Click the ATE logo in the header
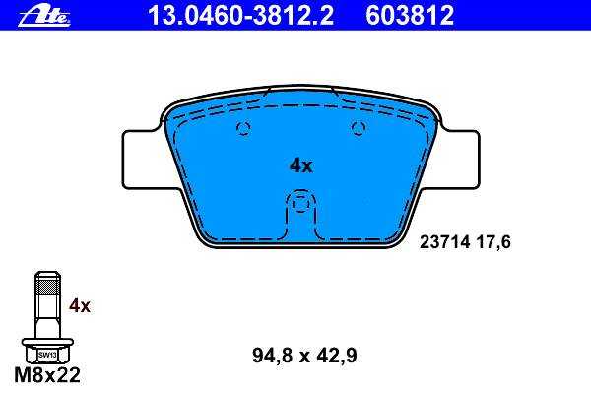click(44, 17)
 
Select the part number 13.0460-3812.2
click(241, 15)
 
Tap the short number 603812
click(410, 15)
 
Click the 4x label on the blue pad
click(300, 165)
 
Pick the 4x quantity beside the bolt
click(80, 306)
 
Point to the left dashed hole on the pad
click(243, 129)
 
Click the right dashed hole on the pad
click(359, 129)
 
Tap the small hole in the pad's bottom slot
click(300, 204)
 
